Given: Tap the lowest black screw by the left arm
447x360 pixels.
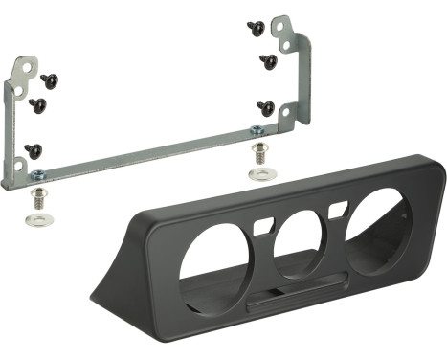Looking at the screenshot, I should [34, 148].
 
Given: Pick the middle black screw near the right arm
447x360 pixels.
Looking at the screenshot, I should [268, 61].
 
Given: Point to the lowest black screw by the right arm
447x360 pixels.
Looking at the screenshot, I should [266, 107].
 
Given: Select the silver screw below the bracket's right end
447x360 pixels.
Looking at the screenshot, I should [258, 152].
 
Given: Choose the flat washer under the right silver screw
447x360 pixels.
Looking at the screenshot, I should [259, 174].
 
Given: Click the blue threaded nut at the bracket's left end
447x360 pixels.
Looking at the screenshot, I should [37, 175].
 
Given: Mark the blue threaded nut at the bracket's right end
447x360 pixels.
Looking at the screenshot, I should [257, 129].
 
